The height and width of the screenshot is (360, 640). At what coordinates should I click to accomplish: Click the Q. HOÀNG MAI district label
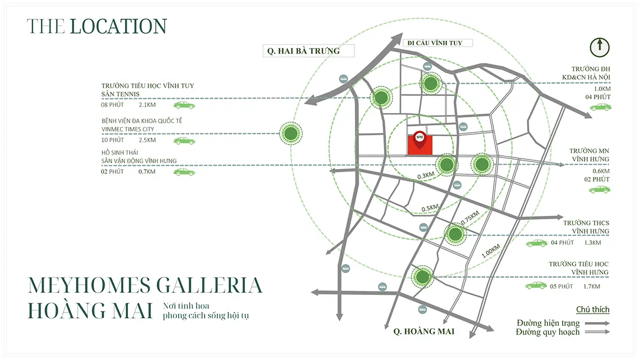point(423,332)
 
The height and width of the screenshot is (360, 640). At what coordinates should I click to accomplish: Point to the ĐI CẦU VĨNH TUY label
point(434,42)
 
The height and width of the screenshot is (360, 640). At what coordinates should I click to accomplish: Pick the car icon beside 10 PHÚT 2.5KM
point(184,141)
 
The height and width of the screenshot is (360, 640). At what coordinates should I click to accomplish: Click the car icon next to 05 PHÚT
point(536,286)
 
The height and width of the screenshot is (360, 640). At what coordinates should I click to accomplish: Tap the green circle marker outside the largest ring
point(291,133)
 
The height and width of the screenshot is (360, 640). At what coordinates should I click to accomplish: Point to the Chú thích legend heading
point(593,310)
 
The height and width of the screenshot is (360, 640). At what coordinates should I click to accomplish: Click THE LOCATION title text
point(97,26)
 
